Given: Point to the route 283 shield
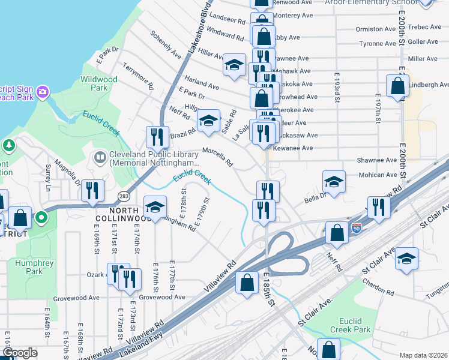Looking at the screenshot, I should (x=124, y=196).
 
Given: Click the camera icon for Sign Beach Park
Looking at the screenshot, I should (x=43, y=92).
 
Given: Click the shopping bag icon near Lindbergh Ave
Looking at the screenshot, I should (x=397, y=86).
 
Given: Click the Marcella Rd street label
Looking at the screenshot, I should (x=217, y=157).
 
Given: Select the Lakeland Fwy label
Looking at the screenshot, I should (x=141, y=348).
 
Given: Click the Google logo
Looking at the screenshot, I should (x=19, y=353).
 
